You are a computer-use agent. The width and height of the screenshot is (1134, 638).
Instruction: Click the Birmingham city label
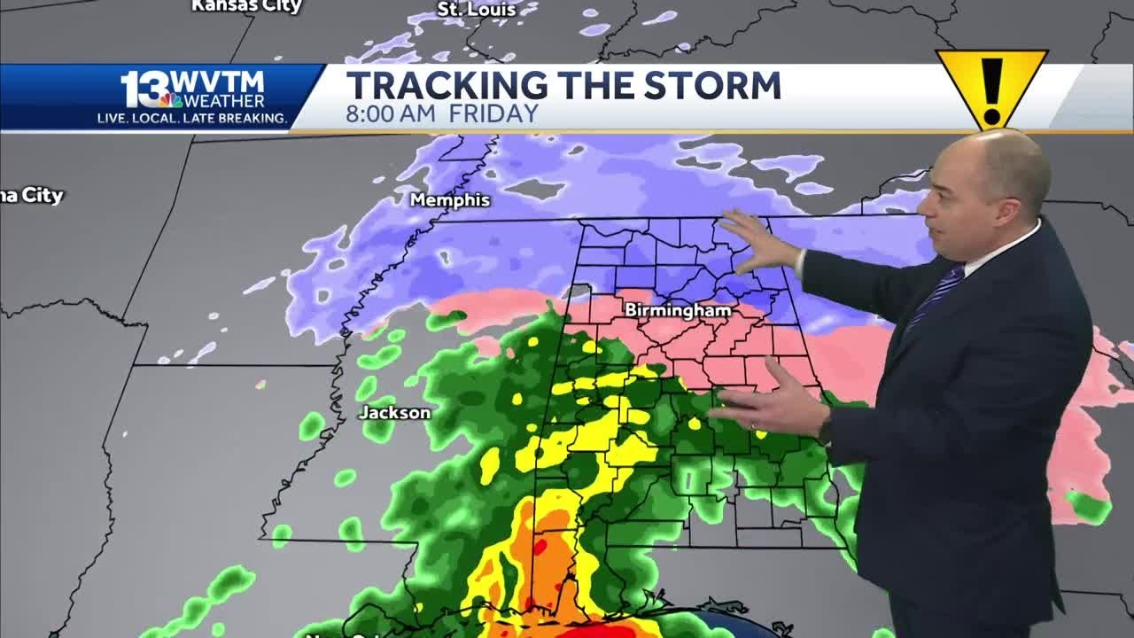click(x=678, y=310)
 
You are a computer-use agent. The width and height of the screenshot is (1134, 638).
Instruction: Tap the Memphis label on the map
click(x=450, y=200)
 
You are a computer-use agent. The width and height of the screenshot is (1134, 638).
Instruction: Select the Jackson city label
click(x=394, y=413)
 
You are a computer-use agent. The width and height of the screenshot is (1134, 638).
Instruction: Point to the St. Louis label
click(x=476, y=9)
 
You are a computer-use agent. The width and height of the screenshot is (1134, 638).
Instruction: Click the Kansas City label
click(x=246, y=6)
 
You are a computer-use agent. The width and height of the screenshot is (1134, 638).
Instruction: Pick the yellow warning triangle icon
click(x=991, y=86)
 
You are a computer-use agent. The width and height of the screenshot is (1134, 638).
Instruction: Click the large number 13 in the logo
click(x=143, y=89)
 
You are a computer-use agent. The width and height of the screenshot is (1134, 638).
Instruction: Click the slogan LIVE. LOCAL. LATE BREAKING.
click(x=191, y=118)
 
